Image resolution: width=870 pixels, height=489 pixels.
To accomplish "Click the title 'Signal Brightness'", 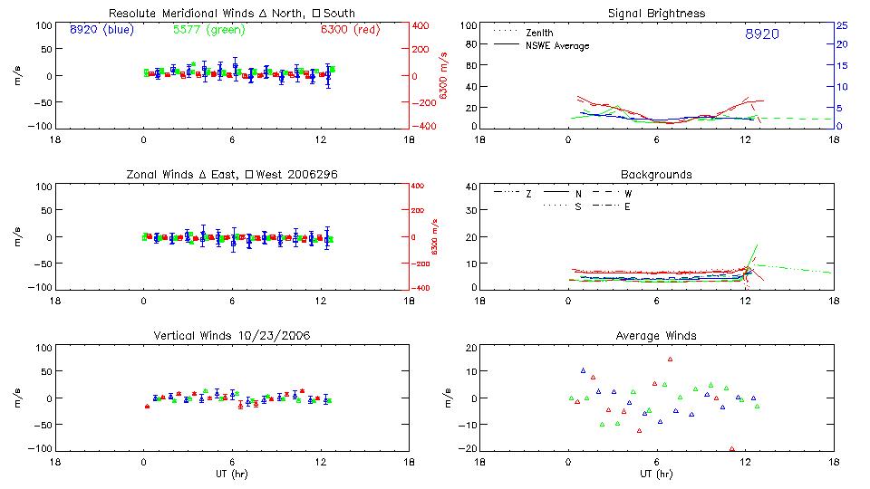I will (655, 14).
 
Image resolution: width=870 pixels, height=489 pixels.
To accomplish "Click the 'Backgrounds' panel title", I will (655, 174).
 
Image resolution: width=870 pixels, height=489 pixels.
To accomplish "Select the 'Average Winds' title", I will (655, 336).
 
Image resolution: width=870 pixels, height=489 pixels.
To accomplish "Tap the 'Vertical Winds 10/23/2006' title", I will (231, 336).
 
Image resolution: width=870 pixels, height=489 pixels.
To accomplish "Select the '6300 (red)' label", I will (350, 30).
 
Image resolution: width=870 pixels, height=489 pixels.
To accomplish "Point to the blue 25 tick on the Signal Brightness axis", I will (841, 25).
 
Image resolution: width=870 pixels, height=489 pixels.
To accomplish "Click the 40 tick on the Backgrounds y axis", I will (470, 187).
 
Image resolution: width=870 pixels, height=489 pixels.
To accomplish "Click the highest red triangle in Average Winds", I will (670, 359).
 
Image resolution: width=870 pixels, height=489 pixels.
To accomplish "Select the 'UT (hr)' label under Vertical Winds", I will (231, 474).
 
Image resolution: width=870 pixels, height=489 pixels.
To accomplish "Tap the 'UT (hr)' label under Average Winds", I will (655, 474).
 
